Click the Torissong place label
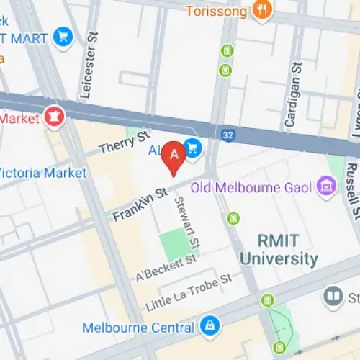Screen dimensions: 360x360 [216, 11]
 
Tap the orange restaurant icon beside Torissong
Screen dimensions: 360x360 [261, 11]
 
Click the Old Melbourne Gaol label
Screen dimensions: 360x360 [251, 189]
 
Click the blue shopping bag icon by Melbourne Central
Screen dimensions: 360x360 [210, 326]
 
